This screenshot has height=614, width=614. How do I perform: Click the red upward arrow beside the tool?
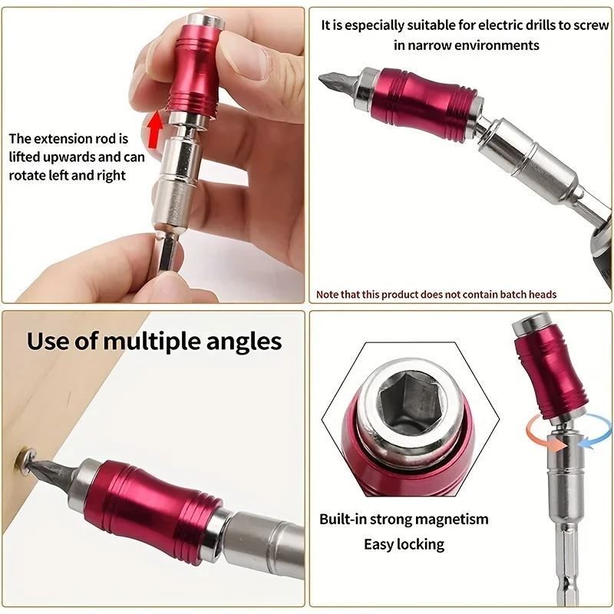tap(154, 127)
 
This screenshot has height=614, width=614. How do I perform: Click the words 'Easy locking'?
tap(404, 544)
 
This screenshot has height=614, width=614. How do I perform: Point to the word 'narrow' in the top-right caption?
tap(438, 45)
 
